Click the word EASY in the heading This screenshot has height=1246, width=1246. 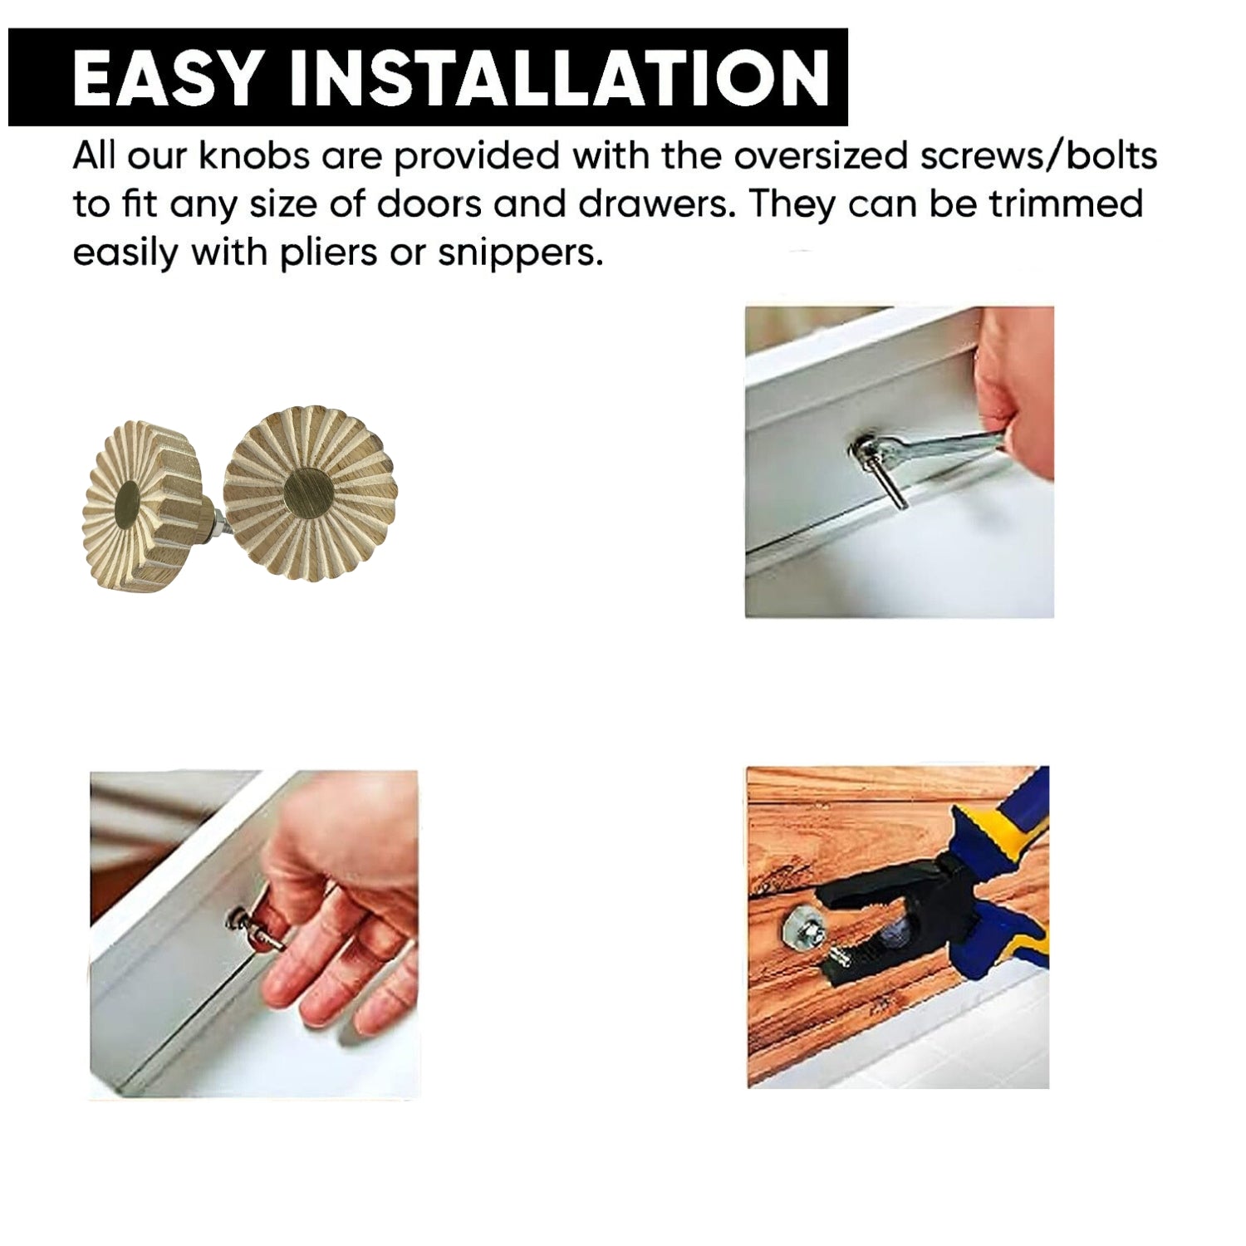coord(166,77)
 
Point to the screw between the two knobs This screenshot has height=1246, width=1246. coord(214,522)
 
